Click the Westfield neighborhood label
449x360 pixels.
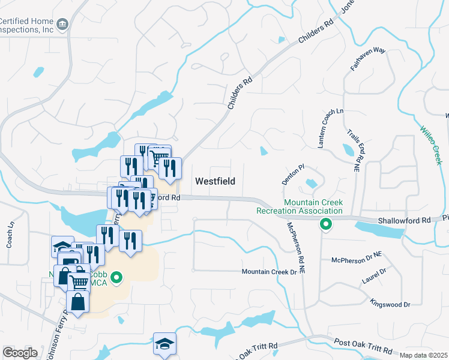pos(215,181)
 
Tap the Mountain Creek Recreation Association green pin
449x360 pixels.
pos(326,225)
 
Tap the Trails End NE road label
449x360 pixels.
pos(356,149)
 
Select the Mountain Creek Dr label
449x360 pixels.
pos(270,272)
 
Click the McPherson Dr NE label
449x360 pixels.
pos(357,260)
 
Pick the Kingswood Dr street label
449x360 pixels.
pos(390,304)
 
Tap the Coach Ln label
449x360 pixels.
pos(10,236)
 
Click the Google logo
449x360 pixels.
pos(20,352)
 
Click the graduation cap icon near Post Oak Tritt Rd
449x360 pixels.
pos(164,344)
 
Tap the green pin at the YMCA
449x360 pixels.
pos(118,277)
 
